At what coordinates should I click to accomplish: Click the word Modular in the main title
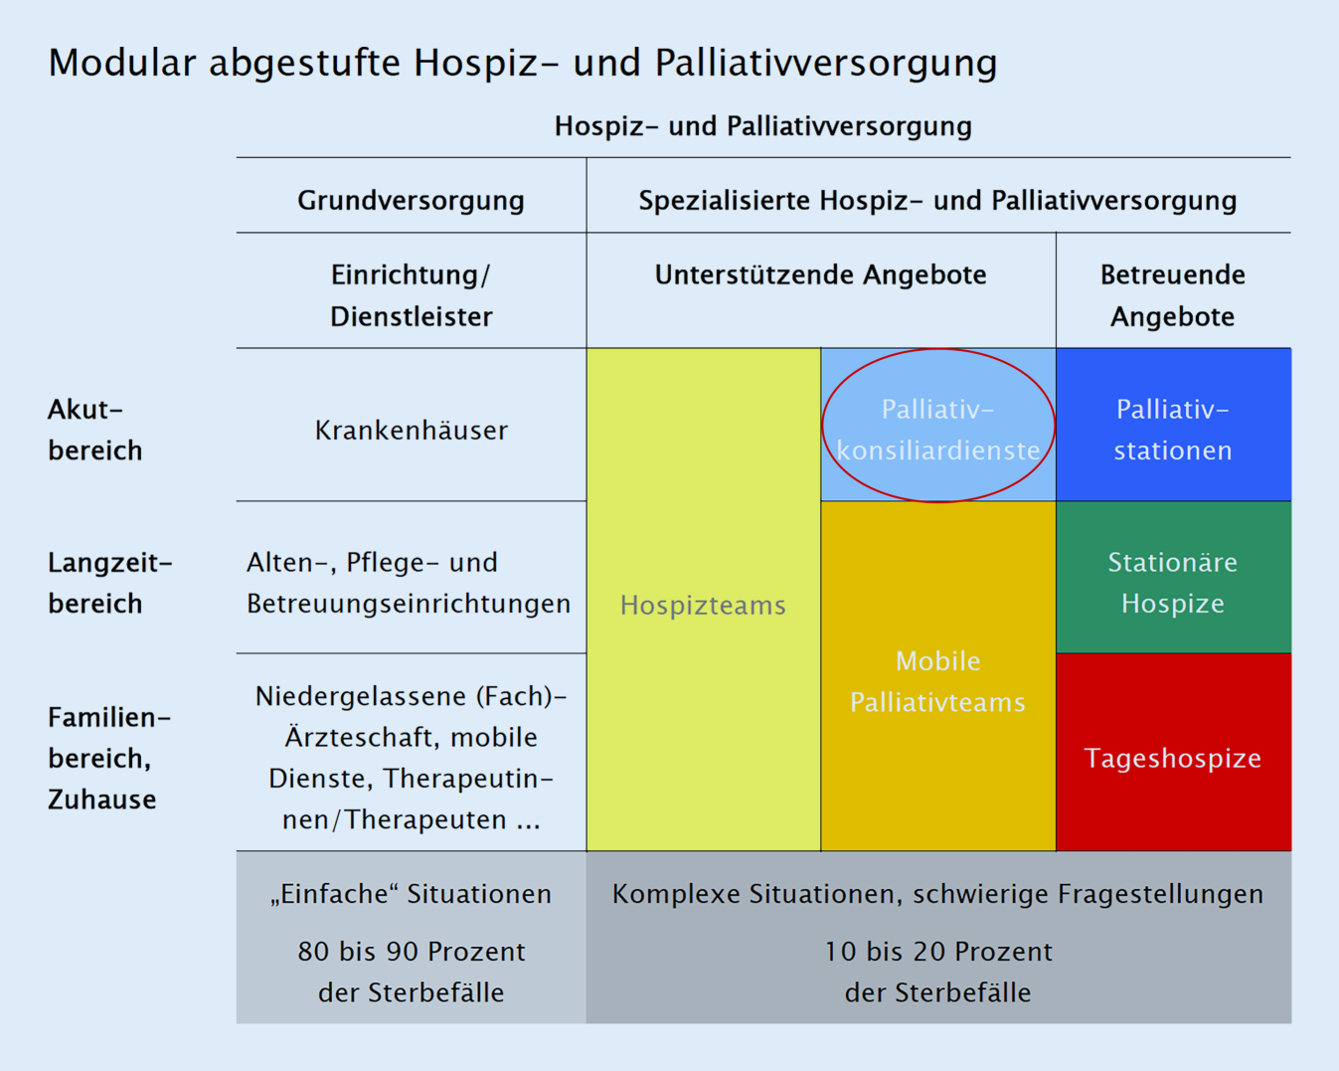122,63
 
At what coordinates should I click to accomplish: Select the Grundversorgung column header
411,201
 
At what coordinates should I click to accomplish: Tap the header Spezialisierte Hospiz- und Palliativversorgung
937,201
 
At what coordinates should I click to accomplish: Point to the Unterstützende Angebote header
821,274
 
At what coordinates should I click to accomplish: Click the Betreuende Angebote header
1173,295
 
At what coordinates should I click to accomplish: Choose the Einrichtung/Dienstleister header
411,295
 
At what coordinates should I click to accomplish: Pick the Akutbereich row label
94,430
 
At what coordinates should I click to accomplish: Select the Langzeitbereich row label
110,583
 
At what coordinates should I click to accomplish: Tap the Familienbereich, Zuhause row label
109,759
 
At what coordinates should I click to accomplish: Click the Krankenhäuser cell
412,431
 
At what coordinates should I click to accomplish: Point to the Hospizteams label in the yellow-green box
703,606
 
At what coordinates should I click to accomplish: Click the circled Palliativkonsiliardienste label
938,430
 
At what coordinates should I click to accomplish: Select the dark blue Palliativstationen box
1174,425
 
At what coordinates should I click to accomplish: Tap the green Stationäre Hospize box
1174,577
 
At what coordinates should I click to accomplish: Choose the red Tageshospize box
1174,752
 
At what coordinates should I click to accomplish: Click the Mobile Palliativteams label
937,682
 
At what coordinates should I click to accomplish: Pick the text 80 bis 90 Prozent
412,952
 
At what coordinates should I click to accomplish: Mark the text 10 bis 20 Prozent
938,952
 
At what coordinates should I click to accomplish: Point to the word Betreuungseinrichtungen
409,604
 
